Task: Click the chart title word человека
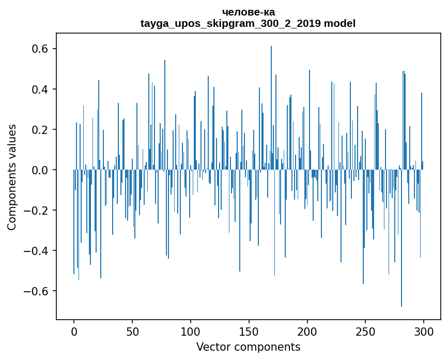pos(248,12)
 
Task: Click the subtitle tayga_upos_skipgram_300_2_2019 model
pos(248,23)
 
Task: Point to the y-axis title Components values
pos(11,177)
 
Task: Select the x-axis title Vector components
pos(248,347)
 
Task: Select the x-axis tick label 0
pos(74,332)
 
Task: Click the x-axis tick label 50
pos(132,332)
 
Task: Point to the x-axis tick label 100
pos(191,332)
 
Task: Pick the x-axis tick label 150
pos(249,332)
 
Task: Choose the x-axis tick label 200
pos(307,332)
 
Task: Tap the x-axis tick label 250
pos(365,332)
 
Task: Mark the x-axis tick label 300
pos(424,332)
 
